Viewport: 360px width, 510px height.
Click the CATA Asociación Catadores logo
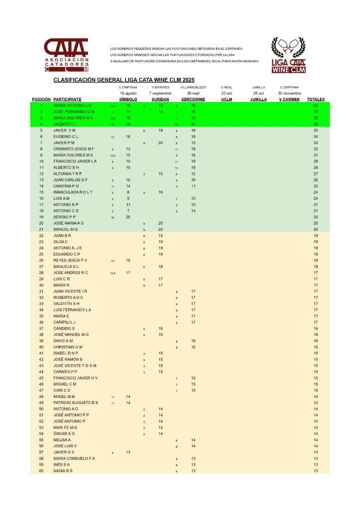click(x=66, y=55)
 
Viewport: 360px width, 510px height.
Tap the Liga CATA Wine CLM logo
click(x=288, y=55)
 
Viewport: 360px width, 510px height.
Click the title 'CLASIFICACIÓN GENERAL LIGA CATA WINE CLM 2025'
click(x=123, y=80)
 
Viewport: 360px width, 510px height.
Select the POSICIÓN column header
click(x=41, y=100)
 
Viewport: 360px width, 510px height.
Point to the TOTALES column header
click(x=316, y=100)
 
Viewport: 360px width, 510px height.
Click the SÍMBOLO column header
click(x=128, y=100)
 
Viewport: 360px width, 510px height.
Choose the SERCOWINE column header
click(x=193, y=100)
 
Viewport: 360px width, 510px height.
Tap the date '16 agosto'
click(x=128, y=93)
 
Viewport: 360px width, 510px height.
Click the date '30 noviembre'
click(x=289, y=93)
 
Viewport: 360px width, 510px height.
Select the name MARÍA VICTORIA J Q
click(x=72, y=106)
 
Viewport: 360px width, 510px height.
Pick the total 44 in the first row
click(x=316, y=106)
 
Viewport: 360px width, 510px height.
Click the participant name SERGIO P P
click(x=64, y=217)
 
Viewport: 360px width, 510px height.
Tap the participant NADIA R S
click(x=63, y=471)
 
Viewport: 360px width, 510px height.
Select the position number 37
click(x=41, y=329)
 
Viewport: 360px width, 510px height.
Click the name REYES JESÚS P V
click(x=70, y=260)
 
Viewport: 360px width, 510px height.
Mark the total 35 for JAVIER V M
click(x=316, y=130)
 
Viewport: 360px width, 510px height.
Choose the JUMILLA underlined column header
click(x=258, y=100)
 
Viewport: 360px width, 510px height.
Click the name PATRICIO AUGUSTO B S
click(x=76, y=402)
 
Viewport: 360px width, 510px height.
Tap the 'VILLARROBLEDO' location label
click(x=193, y=87)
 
